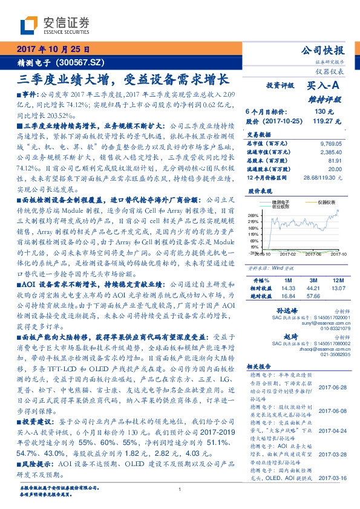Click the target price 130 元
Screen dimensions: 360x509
tap(320, 112)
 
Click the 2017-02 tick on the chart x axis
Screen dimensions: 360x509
tap(289, 255)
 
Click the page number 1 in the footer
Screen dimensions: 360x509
tap(180, 490)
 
